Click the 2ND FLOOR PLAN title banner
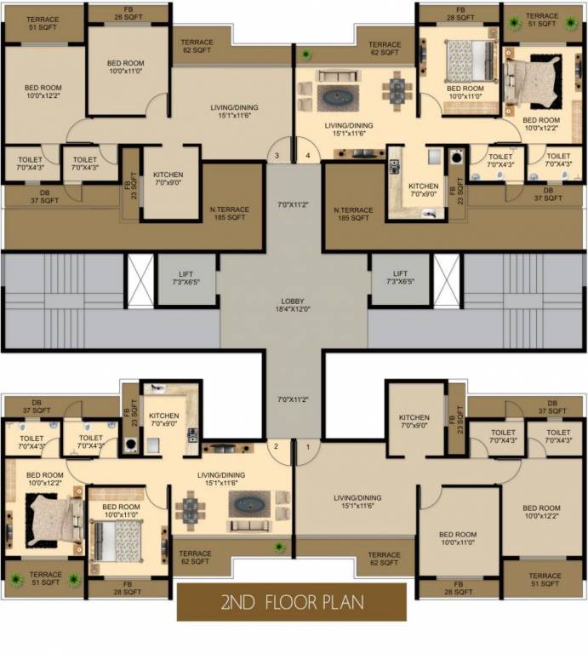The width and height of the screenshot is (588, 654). tap(292, 603)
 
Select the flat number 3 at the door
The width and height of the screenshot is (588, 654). tap(277, 156)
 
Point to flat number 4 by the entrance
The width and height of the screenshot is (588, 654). tap(307, 156)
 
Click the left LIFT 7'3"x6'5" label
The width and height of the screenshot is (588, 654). tap(186, 278)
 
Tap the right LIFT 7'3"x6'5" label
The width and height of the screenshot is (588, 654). tap(400, 278)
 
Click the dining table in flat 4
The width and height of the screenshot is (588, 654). tap(394, 90)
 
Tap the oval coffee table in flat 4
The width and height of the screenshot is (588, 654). tap(338, 97)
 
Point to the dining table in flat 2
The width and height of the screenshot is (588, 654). tap(189, 509)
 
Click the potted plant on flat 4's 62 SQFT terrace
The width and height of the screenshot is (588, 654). tap(305, 55)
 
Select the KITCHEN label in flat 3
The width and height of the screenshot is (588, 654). tap(169, 178)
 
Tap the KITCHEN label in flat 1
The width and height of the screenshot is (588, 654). tap(415, 422)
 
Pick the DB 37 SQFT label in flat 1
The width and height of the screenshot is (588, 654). tap(548, 407)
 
